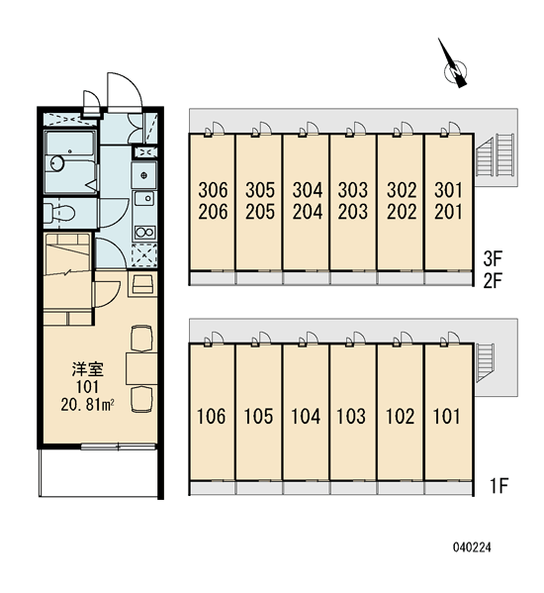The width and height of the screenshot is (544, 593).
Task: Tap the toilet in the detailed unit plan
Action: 59,213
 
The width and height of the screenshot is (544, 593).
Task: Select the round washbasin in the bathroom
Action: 57,163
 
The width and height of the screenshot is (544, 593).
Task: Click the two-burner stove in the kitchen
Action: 145,232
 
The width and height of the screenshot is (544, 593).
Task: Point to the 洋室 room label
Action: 88,369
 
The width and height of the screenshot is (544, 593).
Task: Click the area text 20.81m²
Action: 87,404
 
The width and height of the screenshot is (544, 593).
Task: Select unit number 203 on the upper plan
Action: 353,212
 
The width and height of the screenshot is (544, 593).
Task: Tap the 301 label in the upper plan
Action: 448,190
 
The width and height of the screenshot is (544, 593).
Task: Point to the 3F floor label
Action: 493,259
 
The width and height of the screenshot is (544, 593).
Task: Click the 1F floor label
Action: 499,486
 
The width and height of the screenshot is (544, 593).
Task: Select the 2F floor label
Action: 493,281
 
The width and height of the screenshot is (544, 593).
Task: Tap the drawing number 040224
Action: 472,547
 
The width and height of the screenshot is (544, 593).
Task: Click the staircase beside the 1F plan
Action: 485,362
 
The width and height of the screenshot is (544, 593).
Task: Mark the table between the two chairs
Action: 141,368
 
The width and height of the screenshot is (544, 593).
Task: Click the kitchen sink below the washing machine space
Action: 144,198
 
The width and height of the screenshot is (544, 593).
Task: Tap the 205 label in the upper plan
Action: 260,212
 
